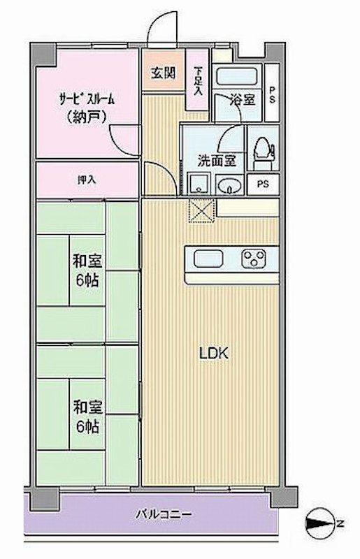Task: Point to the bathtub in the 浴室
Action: pyautogui.click(x=236, y=76)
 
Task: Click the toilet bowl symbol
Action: pyautogui.click(x=262, y=148)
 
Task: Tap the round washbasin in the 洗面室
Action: pyautogui.click(x=229, y=185)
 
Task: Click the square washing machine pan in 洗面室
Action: pyautogui.click(x=199, y=184)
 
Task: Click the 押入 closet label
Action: pyautogui.click(x=86, y=180)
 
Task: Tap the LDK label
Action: pyautogui.click(x=214, y=354)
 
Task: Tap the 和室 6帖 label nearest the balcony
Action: pyautogui.click(x=87, y=416)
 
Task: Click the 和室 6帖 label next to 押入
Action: pyautogui.click(x=87, y=270)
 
